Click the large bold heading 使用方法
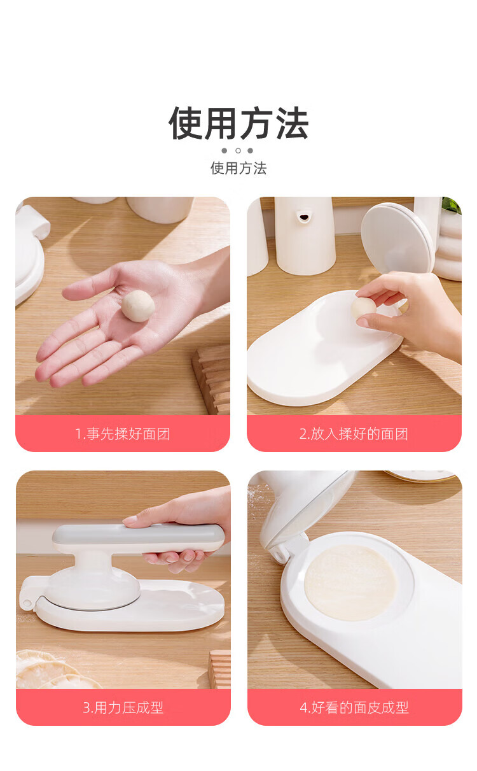(238, 124)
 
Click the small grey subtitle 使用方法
(238, 168)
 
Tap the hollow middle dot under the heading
(238, 150)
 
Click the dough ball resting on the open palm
(138, 306)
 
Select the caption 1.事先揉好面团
(123, 434)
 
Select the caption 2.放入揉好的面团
(354, 434)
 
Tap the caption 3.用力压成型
(123, 708)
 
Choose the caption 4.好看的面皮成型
(354, 708)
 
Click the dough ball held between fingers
(363, 308)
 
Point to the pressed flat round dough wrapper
(350, 583)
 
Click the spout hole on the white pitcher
(303, 217)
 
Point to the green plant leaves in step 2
(452, 206)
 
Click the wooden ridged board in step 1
(212, 379)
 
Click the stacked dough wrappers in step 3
(52, 670)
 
